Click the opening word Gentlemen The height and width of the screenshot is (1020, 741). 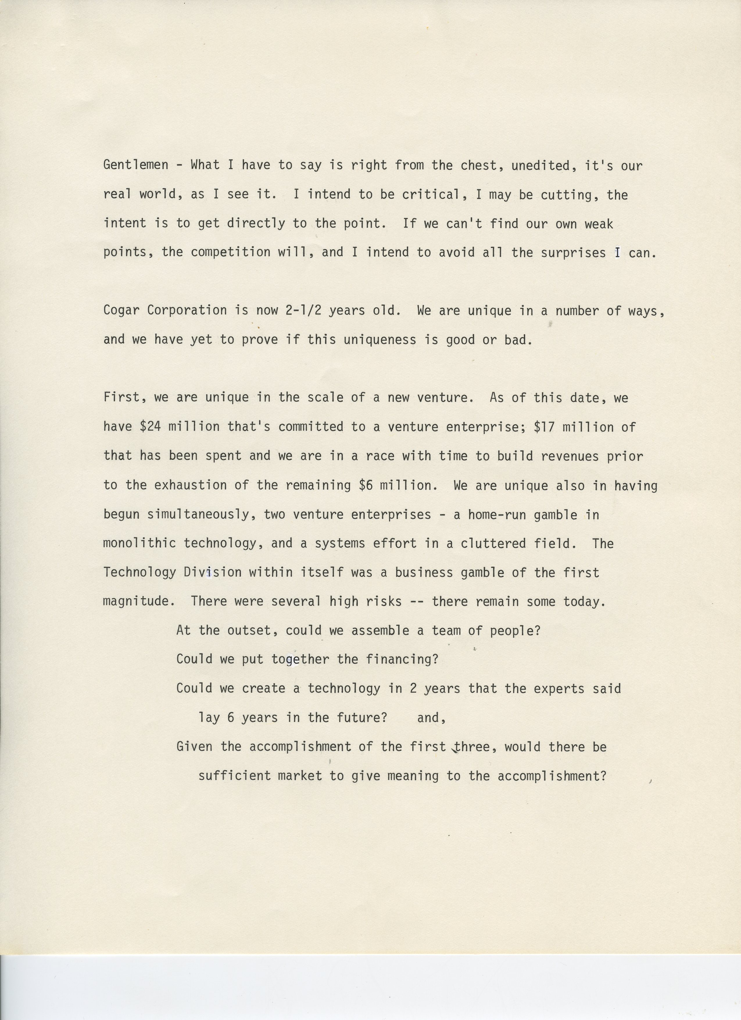(136, 165)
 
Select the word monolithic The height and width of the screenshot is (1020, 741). (139, 543)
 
